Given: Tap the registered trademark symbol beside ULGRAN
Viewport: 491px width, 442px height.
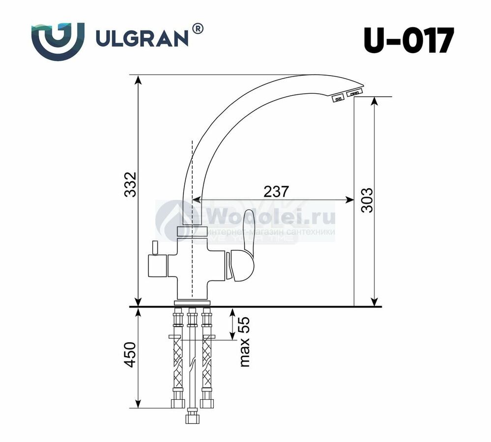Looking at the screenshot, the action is [x=198, y=28].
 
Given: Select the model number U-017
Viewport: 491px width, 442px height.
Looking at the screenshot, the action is [x=408, y=41].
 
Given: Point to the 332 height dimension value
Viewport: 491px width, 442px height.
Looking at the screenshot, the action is [x=130, y=184].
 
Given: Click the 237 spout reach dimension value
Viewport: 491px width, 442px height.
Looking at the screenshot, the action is [x=276, y=192].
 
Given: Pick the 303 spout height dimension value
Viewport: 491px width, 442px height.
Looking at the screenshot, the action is [x=367, y=200].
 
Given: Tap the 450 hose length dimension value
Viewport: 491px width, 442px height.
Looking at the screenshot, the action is [x=130, y=355].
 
